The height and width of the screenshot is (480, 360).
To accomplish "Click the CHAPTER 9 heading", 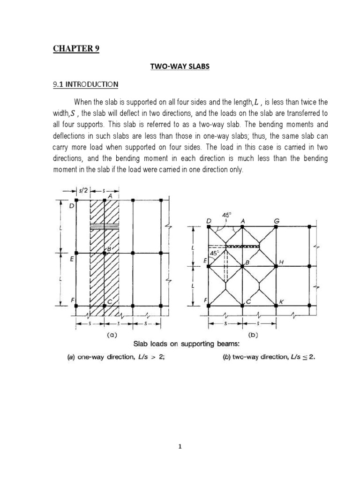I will pyautogui.click(x=76, y=49).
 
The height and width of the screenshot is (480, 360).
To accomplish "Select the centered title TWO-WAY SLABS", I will pyautogui.click(x=180, y=67).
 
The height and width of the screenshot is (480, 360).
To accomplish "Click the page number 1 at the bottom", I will pyautogui.click(x=180, y=447).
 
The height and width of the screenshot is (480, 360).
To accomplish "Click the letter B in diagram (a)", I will pyautogui.click(x=108, y=249).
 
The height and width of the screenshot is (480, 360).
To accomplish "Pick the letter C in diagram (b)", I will pyautogui.click(x=248, y=302).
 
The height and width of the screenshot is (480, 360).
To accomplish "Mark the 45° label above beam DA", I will pyautogui.click(x=227, y=215).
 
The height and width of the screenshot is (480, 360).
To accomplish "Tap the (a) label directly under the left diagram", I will pyautogui.click(x=112, y=336).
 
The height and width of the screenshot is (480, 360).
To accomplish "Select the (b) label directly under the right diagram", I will pyautogui.click(x=254, y=336).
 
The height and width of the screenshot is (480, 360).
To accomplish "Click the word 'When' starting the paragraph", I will pyautogui.click(x=83, y=102).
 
